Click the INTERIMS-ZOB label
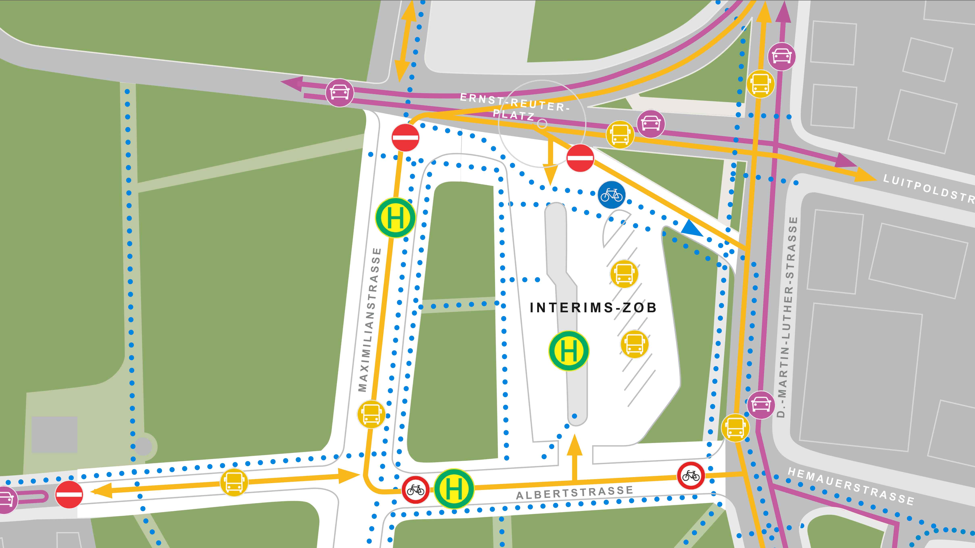tap(593, 307)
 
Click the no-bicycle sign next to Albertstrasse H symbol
tap(415, 490)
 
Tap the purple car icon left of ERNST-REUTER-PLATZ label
tap(339, 93)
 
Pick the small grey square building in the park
tap(54, 435)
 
